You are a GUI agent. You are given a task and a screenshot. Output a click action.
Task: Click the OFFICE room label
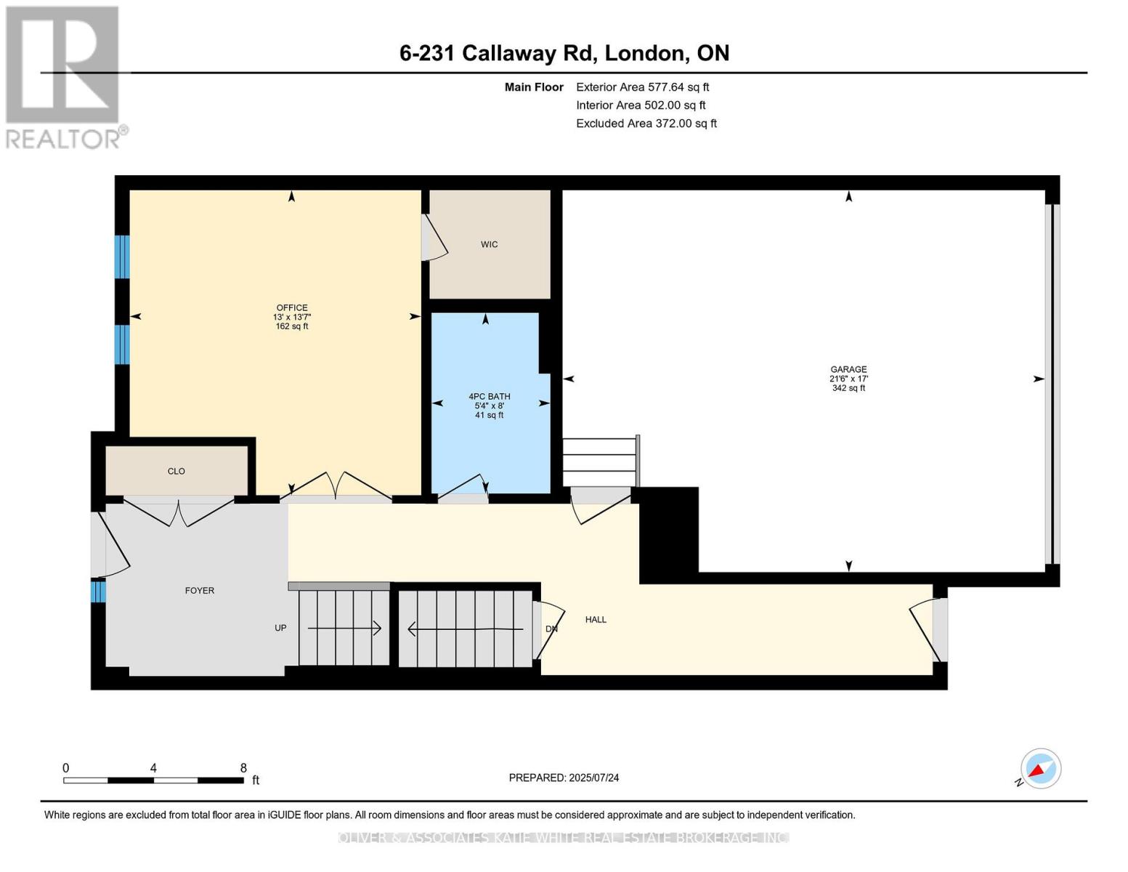pos(291,307)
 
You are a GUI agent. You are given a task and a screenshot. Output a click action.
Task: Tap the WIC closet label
pos(489,244)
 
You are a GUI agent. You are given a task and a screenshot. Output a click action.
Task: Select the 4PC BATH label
pos(489,397)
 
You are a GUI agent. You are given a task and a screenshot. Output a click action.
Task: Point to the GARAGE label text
pos(848,369)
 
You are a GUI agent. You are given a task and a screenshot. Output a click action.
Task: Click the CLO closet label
pos(176,472)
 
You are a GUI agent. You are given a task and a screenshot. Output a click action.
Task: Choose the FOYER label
pos(200,591)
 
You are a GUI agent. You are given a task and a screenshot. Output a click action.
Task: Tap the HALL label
pos(596,620)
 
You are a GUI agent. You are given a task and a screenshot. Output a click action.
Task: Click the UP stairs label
pos(280,628)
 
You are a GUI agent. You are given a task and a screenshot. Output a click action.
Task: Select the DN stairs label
pos(551,629)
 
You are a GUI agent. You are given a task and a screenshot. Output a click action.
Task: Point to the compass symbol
pos(1040,769)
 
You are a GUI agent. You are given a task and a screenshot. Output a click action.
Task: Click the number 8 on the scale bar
pos(243,768)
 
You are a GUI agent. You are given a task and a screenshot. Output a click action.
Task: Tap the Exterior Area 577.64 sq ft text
pos(642,87)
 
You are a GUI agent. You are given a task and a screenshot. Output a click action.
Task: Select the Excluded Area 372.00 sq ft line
pos(646,124)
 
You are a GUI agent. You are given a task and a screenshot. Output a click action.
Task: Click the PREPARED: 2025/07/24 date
pos(564,778)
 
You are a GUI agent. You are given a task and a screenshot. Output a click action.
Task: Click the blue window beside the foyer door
pos(98,591)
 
